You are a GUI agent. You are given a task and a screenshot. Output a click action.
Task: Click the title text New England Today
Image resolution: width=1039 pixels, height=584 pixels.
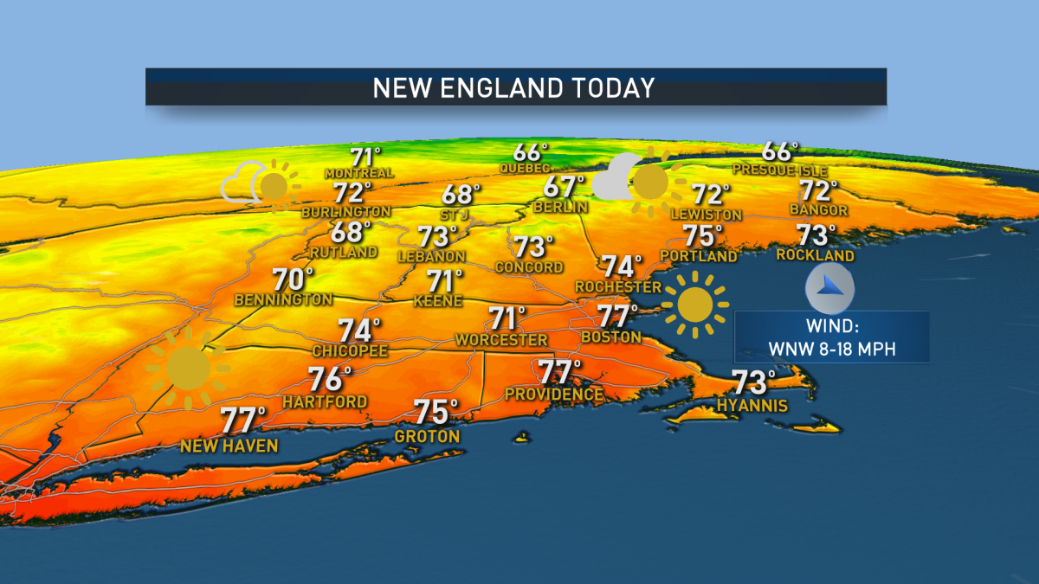point(513,87)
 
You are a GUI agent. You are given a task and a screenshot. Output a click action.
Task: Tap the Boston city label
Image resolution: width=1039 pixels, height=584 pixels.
point(611,337)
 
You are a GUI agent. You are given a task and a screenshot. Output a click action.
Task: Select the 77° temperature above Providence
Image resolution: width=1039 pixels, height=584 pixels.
point(559,372)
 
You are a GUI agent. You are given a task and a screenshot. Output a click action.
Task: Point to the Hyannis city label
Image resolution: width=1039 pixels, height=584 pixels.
point(752,405)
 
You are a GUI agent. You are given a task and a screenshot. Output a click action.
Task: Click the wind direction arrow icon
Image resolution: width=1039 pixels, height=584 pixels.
point(829,289)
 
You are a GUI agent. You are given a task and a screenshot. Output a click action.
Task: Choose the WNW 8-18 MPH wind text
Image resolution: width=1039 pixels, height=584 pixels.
point(831,349)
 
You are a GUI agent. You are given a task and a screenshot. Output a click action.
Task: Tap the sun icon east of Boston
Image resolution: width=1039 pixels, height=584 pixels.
point(694,305)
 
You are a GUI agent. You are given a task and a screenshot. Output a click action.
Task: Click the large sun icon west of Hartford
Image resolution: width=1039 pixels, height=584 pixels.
point(188,369)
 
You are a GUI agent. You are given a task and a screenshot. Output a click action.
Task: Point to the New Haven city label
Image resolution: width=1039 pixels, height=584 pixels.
point(229,446)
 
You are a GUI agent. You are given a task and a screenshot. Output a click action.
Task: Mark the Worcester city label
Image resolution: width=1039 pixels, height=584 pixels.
point(501,340)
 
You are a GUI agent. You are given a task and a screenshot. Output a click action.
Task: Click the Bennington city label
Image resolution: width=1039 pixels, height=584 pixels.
point(283,299)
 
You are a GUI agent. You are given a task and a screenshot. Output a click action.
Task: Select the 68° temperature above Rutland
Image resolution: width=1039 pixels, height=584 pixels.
point(351,232)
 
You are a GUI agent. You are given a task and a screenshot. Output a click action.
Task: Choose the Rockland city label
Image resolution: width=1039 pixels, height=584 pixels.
point(815,255)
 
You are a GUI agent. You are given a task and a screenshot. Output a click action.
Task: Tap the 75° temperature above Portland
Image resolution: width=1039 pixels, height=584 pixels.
point(703,235)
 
